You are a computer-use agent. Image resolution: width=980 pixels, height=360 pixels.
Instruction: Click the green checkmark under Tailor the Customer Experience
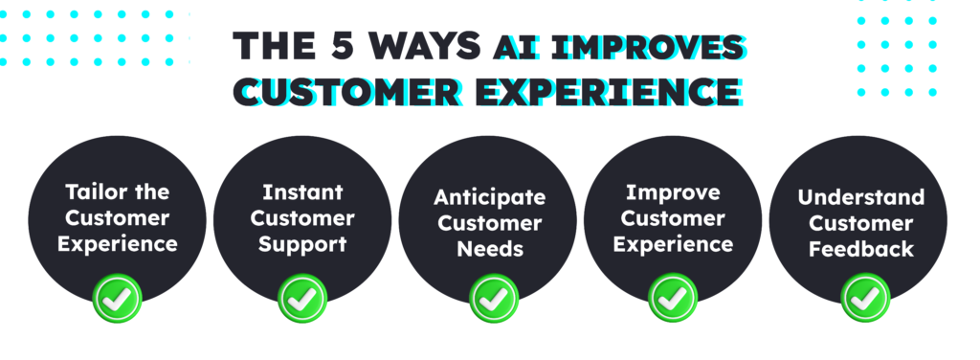(x=117, y=299)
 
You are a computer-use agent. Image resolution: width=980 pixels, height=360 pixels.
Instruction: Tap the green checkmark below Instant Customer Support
(x=302, y=299)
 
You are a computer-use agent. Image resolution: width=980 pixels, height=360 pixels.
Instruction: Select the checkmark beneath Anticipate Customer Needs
(x=490, y=299)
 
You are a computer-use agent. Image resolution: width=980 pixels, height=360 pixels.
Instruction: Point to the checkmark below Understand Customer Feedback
(x=865, y=299)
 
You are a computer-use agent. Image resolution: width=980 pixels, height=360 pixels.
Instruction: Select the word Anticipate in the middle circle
(x=490, y=197)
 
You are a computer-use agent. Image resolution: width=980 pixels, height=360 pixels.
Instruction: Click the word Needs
(x=490, y=249)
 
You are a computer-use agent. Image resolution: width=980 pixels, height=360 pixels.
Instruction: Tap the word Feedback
(x=865, y=249)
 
